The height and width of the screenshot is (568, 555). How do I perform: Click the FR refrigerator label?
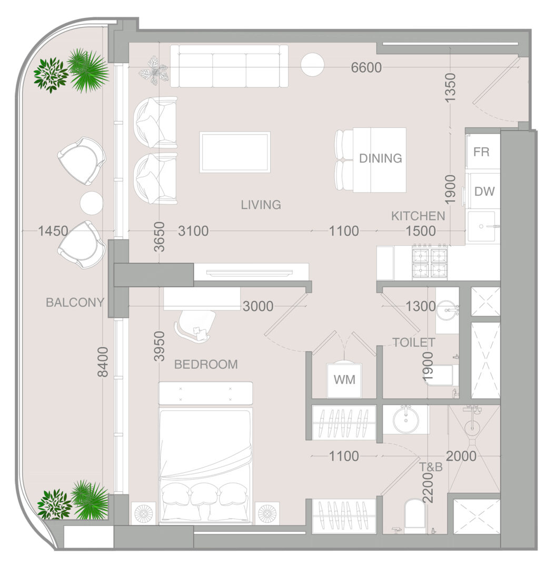481,152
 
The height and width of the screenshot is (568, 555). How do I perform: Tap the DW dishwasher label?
484,191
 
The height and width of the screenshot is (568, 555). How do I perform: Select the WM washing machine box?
344,380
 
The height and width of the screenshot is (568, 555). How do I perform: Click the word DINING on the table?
381,158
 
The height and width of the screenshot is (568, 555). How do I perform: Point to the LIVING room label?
261,205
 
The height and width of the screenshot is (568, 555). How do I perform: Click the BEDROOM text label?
206,364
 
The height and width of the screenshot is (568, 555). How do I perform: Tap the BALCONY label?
75,302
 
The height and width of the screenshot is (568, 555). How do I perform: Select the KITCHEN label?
418,216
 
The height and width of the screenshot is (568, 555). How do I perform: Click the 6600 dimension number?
366,67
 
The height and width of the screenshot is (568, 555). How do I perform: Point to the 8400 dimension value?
103,362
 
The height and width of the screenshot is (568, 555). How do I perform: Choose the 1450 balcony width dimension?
53,231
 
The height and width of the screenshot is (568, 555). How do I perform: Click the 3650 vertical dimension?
159,237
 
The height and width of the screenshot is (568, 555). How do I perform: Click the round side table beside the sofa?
312,64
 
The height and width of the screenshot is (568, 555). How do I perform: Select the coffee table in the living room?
235,152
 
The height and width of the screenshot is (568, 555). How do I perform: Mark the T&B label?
431,467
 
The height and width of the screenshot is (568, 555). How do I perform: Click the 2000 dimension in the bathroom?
461,456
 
